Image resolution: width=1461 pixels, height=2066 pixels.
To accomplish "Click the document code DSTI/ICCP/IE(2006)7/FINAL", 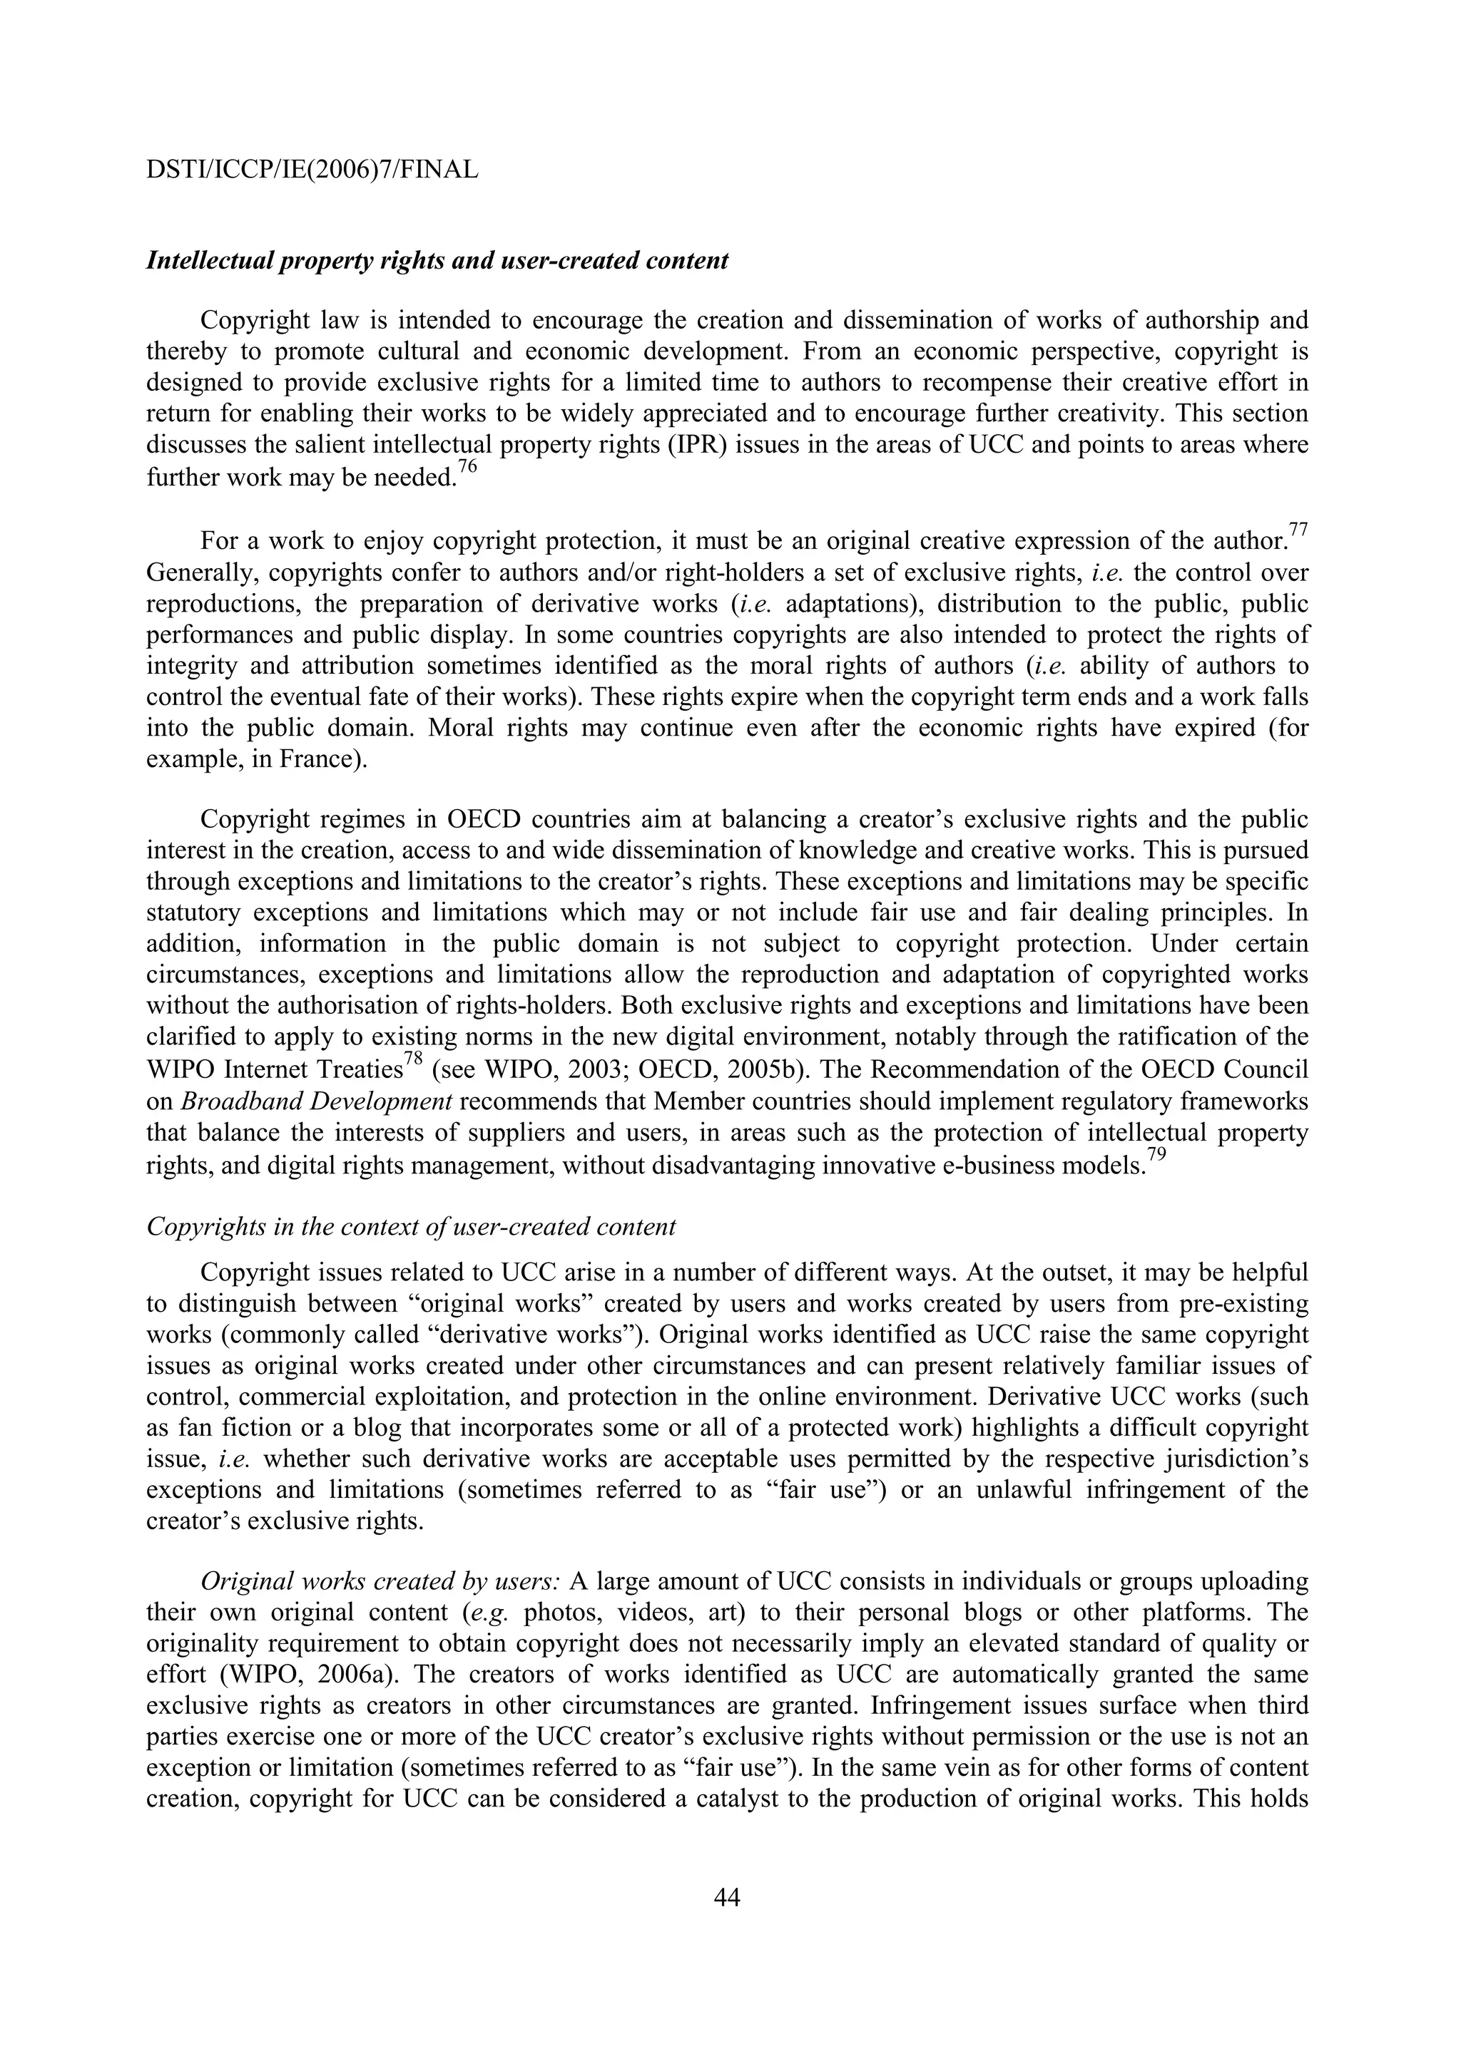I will pos(312,169).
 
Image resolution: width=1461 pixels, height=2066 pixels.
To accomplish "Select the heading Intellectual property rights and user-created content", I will pos(437,262).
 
